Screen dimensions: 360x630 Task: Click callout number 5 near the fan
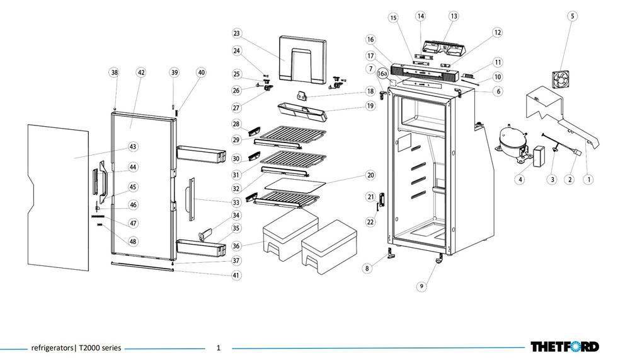572,16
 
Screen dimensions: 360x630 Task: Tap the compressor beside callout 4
508,139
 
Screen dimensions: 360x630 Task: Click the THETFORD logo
564,347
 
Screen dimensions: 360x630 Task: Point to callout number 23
237,33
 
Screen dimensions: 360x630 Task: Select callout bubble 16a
382,74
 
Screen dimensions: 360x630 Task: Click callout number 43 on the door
132,146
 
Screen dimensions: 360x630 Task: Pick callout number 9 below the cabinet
421,287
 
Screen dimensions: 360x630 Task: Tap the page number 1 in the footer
219,347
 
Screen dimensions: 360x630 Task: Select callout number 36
236,246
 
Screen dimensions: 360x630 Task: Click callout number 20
370,175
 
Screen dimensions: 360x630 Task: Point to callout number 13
454,16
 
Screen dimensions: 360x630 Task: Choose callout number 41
236,275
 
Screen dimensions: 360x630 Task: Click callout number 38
114,73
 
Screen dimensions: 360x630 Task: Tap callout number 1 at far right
588,180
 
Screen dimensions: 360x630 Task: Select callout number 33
236,203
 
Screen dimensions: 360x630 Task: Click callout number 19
370,107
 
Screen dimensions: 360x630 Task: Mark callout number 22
370,221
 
